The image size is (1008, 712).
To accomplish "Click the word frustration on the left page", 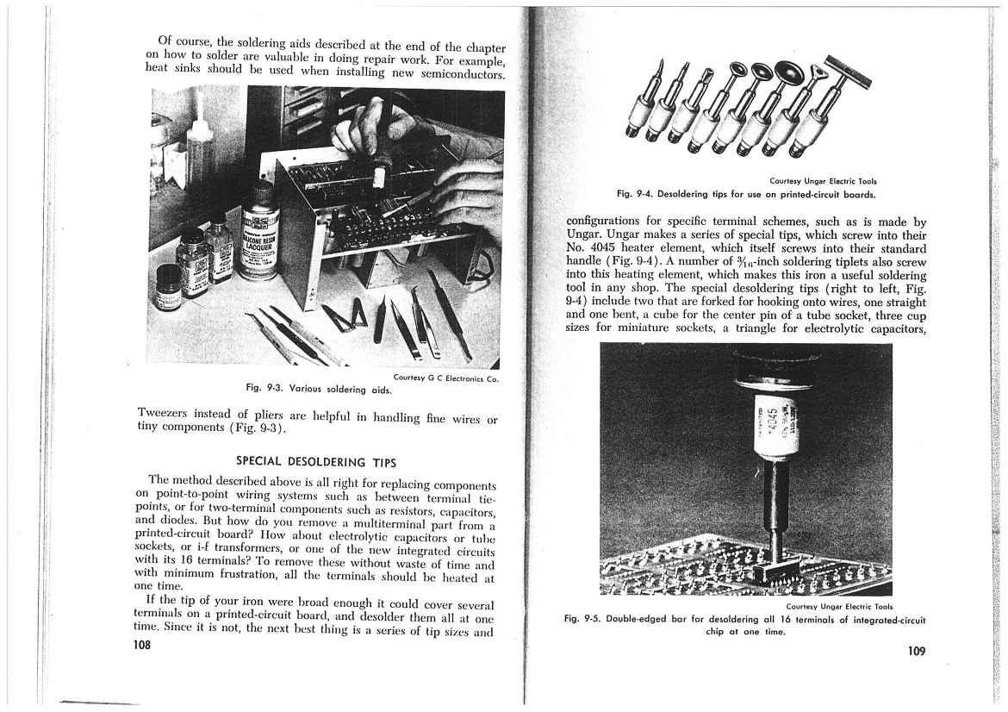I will [239, 572].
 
